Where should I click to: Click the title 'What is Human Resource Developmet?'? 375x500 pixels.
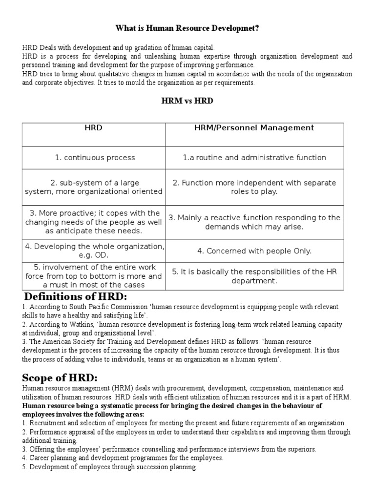click(187, 29)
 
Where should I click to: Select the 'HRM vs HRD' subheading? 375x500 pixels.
click(187, 101)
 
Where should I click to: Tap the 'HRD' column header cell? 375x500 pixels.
click(93, 128)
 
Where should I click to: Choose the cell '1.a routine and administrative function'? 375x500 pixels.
click(254, 158)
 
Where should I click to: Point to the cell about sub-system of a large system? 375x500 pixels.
click(94, 187)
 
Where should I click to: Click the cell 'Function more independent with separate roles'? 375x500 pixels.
click(254, 187)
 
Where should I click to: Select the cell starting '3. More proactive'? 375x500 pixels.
click(94, 222)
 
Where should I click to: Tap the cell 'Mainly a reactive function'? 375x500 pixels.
click(254, 222)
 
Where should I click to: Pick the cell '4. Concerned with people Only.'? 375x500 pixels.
click(254, 251)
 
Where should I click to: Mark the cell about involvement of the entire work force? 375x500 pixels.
click(94, 276)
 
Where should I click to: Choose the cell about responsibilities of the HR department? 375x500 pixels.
click(254, 276)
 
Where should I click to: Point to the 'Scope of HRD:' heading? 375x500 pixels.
click(61, 378)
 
